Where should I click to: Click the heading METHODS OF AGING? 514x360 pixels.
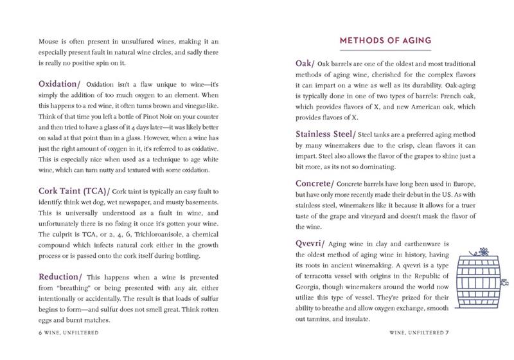click(385, 41)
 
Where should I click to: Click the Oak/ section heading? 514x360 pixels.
click(306, 64)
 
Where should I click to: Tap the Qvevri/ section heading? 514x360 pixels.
click(312, 244)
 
